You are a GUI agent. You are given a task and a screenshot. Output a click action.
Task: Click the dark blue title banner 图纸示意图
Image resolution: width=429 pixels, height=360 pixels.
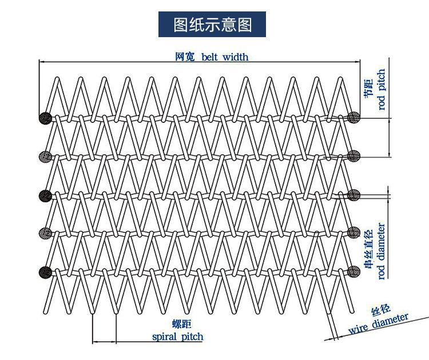tap(212, 25)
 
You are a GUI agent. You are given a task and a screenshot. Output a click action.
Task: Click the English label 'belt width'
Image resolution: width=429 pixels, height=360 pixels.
tap(225, 57)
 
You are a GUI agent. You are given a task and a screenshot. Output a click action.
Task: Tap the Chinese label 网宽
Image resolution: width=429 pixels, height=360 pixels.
tap(185, 57)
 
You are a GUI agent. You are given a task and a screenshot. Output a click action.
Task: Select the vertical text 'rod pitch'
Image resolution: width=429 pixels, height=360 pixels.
tap(382, 89)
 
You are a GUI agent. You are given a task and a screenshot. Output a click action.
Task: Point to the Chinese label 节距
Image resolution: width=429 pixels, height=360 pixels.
tap(368, 87)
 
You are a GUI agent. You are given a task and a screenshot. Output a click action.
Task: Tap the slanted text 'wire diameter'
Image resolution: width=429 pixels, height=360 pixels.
tap(379, 323)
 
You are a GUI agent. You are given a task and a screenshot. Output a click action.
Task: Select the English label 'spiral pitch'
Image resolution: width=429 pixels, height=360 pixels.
tap(178, 337)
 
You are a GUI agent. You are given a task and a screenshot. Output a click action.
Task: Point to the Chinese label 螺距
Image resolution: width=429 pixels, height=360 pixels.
tap(182, 324)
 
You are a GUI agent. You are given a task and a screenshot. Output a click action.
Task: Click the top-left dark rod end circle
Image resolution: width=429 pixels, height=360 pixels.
tap(45, 118)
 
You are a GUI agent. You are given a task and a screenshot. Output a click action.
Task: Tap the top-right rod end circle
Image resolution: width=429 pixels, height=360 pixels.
tap(353, 118)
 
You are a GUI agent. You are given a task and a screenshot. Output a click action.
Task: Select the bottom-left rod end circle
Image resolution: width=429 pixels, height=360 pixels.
tap(45, 272)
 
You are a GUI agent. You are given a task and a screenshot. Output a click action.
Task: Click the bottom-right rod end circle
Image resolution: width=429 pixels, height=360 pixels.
tap(353, 271)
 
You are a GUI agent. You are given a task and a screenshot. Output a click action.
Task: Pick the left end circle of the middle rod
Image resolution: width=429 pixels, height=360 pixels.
tap(45, 196)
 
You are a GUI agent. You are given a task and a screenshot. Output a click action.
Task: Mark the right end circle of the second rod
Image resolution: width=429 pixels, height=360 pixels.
tap(353, 156)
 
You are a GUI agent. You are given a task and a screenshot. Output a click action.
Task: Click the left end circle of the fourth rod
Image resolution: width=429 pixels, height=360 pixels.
tap(45, 233)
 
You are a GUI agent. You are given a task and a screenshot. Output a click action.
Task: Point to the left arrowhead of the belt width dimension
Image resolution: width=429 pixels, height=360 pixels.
tap(42, 62)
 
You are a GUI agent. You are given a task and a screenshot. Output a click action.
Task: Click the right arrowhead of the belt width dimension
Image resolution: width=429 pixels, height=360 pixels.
tap(357, 62)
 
